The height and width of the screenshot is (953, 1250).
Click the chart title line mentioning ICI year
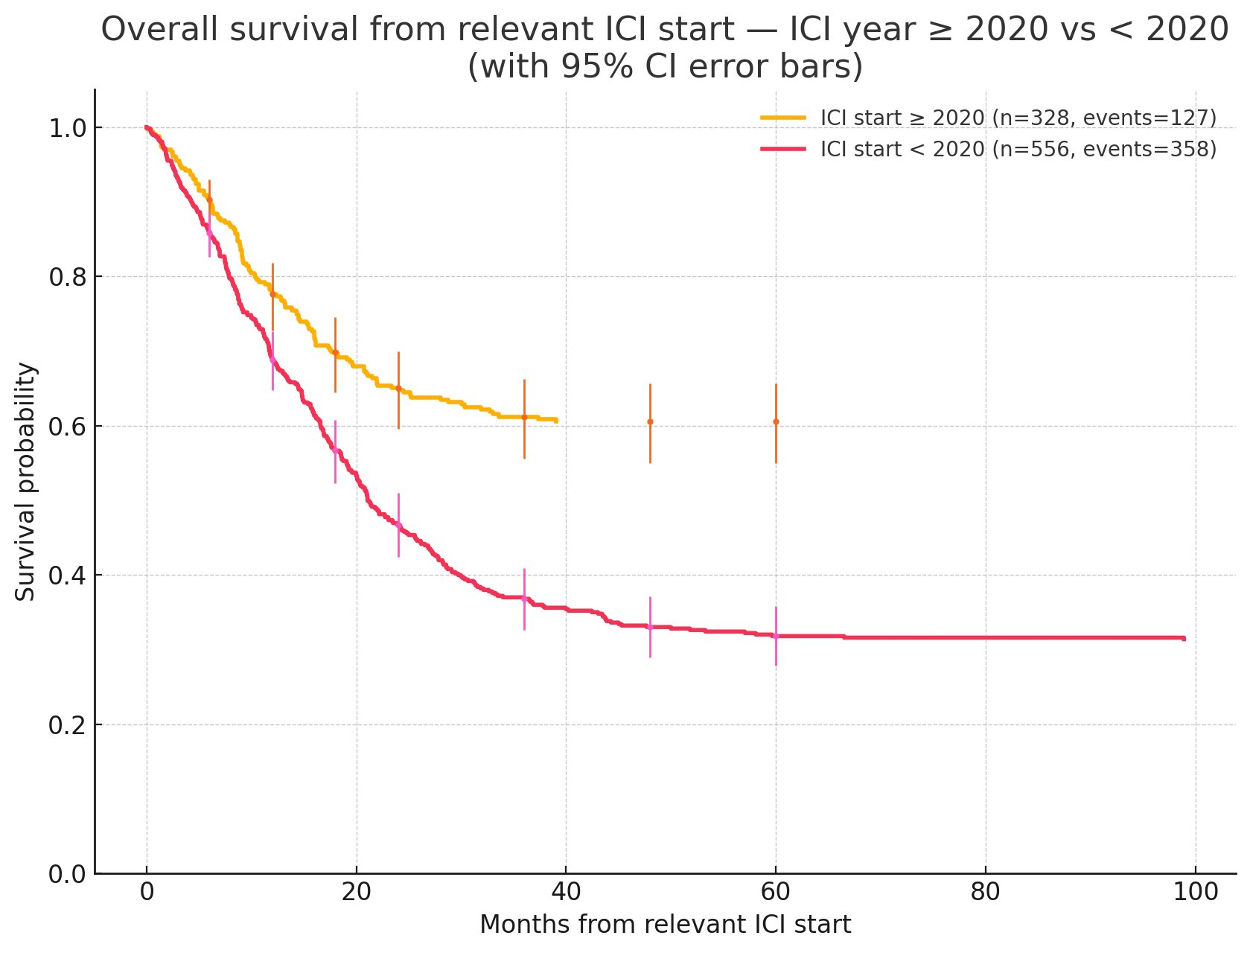tap(664, 30)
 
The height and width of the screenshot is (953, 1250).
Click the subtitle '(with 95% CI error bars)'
tap(664, 67)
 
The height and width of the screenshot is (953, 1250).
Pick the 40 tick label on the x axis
tap(566, 891)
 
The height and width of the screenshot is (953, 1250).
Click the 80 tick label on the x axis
tap(986, 891)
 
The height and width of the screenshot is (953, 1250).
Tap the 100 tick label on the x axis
tap(1196, 891)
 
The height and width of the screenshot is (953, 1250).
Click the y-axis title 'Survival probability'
tap(26, 482)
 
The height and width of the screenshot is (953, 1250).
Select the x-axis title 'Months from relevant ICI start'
tap(665, 925)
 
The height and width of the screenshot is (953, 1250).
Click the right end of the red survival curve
tap(1184, 638)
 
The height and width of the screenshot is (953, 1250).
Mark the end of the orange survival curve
tap(556, 421)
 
